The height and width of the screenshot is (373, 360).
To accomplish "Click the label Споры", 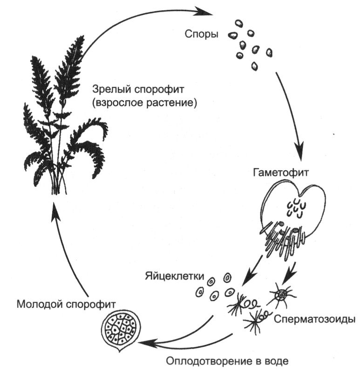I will click(201, 34).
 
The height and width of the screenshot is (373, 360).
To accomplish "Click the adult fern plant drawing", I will click(61, 121).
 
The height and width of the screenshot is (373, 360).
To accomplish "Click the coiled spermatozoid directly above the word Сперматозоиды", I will click(282, 295).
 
